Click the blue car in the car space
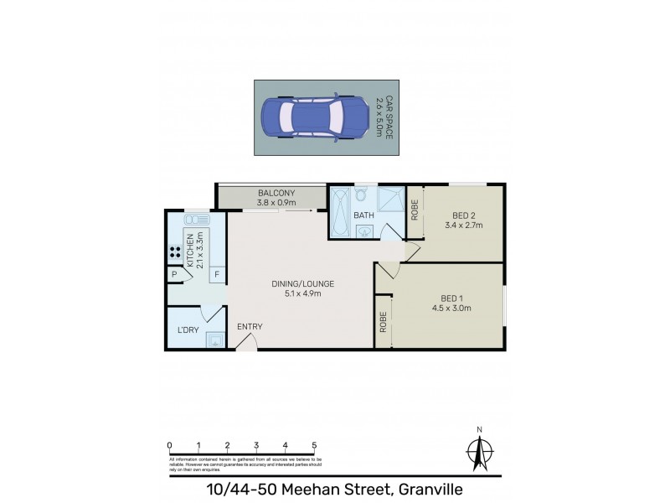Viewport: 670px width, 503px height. click(311, 117)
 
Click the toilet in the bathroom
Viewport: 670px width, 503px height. click(361, 196)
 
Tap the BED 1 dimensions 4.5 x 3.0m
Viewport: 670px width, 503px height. click(456, 308)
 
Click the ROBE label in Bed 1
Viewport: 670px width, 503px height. click(383, 323)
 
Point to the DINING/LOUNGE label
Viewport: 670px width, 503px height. click(302, 283)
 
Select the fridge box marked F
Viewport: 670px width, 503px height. click(217, 274)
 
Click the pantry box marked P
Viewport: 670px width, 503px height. click(174, 274)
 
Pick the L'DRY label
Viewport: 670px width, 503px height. click(187, 330)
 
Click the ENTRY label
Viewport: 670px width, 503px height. click(250, 327)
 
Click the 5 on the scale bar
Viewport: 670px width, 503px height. click(314, 445)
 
